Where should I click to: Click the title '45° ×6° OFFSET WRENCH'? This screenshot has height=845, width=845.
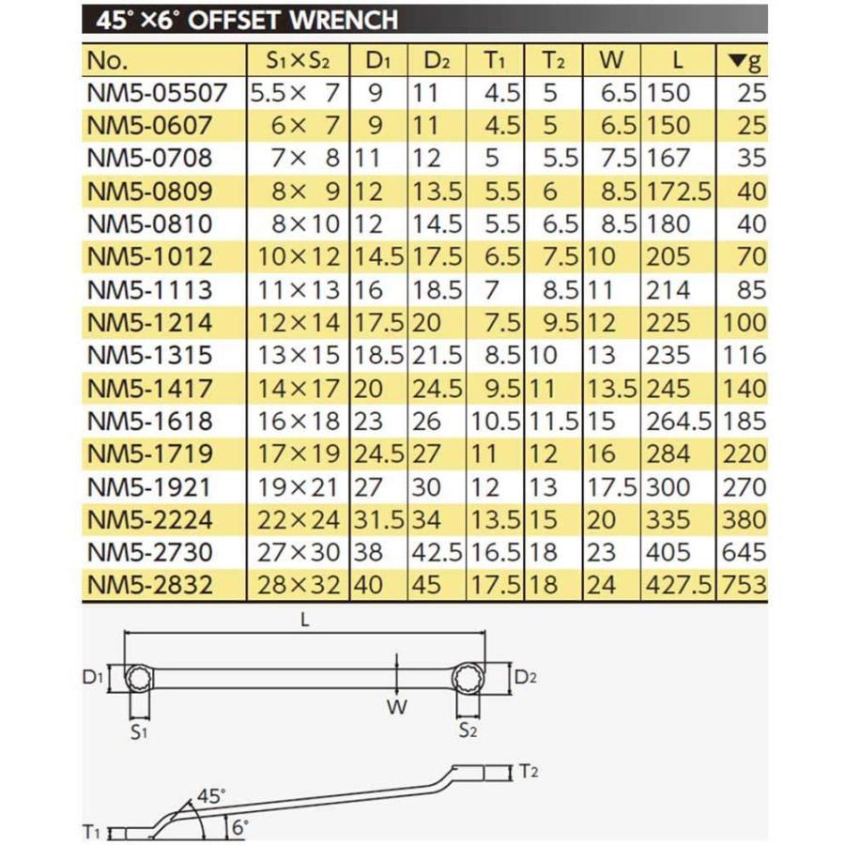pyautogui.click(x=239, y=19)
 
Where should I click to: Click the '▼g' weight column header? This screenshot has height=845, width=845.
pyautogui.click(x=745, y=61)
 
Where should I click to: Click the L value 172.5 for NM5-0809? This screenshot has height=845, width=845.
pyautogui.click(x=681, y=192)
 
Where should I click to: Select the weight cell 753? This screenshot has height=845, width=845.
pyautogui.click(x=744, y=585)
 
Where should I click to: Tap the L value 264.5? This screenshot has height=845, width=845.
pyautogui.click(x=681, y=421)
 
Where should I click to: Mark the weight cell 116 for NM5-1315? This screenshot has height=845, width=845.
pyautogui.click(x=745, y=356)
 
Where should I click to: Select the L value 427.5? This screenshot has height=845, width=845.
pyautogui.click(x=681, y=585)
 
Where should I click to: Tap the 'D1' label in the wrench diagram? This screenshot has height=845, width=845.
pyautogui.click(x=92, y=675)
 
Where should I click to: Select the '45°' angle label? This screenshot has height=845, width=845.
pyautogui.click(x=212, y=797)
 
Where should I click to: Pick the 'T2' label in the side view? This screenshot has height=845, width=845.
pyautogui.click(x=529, y=773)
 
